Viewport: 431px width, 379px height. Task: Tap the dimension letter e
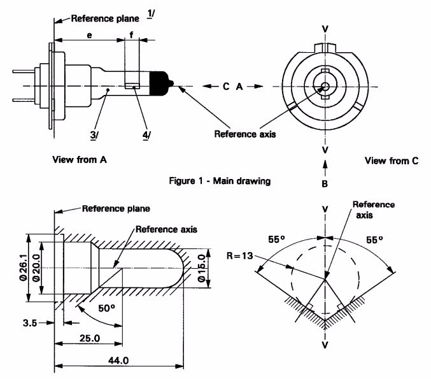click(x=88, y=36)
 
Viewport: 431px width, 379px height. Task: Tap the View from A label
click(x=79, y=160)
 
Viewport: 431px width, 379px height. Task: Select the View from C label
click(x=392, y=161)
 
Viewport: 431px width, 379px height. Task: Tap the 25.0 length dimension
click(x=88, y=338)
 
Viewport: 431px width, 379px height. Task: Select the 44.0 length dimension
click(x=118, y=360)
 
